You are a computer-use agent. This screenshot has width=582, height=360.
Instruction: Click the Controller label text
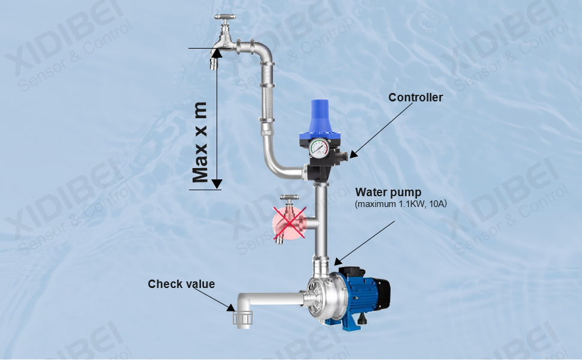click(415, 97)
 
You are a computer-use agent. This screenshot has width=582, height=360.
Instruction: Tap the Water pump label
click(388, 192)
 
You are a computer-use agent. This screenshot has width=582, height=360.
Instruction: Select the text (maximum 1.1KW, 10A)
click(400, 204)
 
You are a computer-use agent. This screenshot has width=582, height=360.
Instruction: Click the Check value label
click(181, 284)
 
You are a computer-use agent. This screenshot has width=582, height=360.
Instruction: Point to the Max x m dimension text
click(200, 143)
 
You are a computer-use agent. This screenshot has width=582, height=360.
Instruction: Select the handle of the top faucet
click(225, 17)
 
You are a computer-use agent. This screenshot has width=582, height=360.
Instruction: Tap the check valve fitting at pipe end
click(243, 319)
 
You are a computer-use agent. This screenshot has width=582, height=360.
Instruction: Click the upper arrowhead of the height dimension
click(217, 53)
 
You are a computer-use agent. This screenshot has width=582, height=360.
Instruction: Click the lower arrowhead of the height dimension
click(217, 184)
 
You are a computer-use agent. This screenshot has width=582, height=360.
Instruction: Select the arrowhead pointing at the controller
click(353, 154)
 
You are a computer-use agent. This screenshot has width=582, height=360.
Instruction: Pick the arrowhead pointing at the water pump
click(338, 261)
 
